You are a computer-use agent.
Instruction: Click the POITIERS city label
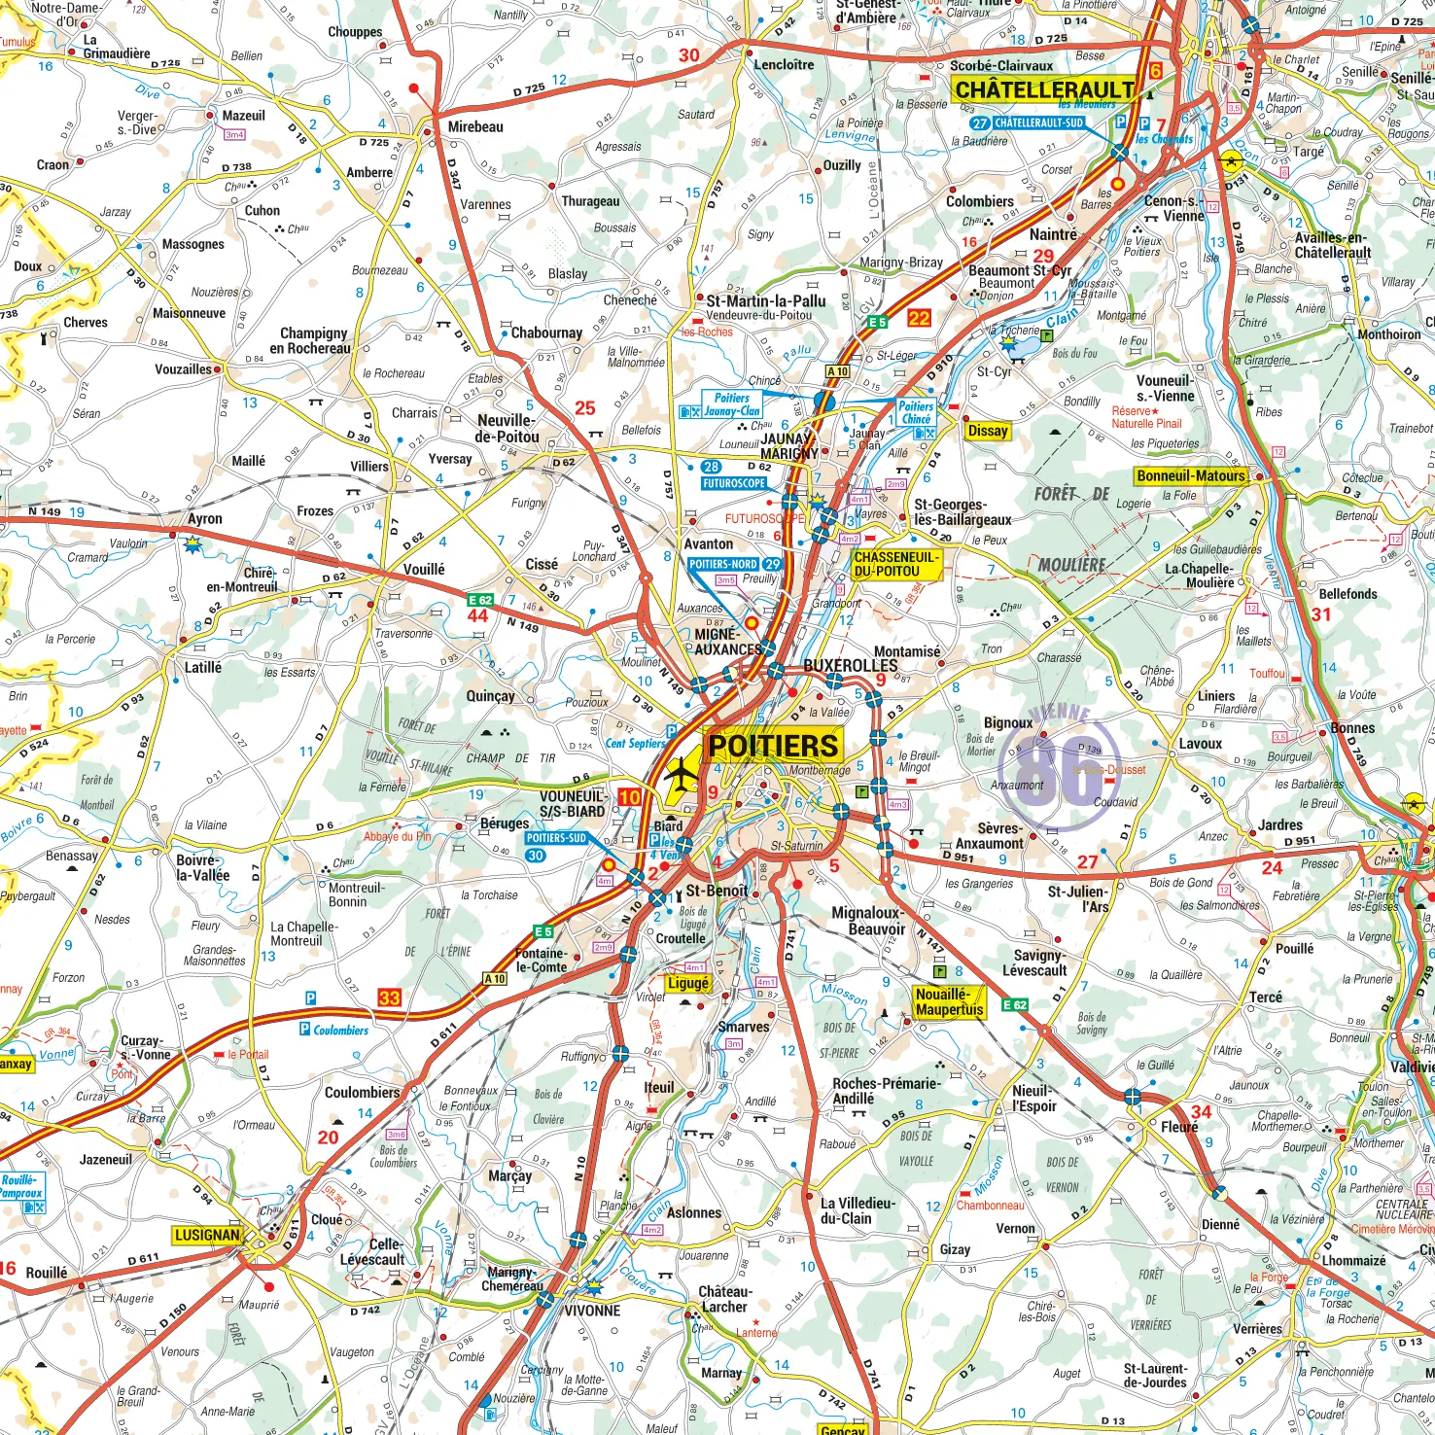(773, 746)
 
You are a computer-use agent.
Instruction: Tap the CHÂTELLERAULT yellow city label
(1044, 89)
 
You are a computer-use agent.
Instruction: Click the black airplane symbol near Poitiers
(682, 774)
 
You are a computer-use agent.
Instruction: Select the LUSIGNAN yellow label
(206, 1235)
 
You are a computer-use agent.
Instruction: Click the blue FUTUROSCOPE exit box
(734, 482)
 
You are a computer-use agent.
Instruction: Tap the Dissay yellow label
(988, 431)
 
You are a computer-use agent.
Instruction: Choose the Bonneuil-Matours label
(1191, 475)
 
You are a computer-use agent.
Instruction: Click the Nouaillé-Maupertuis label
(949, 1001)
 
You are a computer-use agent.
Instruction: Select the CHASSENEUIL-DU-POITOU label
(896, 564)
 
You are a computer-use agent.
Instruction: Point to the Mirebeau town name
(475, 126)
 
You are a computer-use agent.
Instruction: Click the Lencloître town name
(784, 64)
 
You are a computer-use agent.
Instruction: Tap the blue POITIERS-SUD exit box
(556, 837)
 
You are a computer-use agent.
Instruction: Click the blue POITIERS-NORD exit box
(724, 564)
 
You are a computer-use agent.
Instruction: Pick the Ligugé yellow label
(687, 983)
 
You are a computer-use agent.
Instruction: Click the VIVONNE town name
(592, 1310)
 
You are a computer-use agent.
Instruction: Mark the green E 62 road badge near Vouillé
(480, 600)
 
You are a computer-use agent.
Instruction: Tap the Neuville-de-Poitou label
(506, 429)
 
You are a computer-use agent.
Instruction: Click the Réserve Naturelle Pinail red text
(1146, 417)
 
